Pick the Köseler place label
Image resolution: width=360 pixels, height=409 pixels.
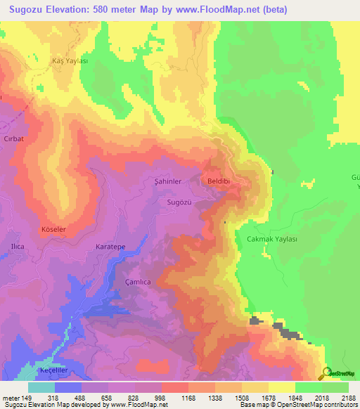(53, 230)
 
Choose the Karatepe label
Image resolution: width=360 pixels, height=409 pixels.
(110, 247)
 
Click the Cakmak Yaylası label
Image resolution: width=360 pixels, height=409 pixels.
(272, 239)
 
